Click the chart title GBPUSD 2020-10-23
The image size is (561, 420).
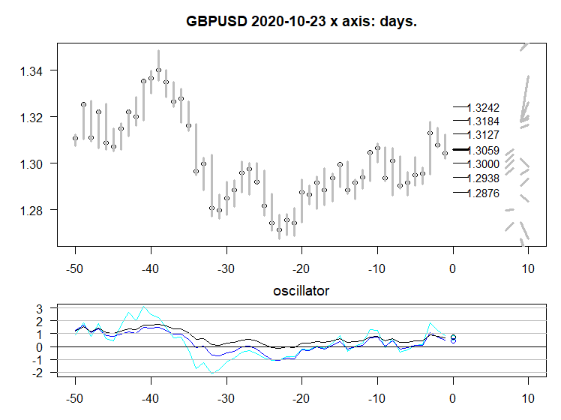[301, 21]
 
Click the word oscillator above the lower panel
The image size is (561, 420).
[302, 289]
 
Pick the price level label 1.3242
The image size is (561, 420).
[483, 108]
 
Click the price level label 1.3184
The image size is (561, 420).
[483, 121]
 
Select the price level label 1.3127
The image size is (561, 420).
[483, 135]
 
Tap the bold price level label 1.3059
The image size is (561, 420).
[483, 151]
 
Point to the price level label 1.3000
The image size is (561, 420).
[483, 164]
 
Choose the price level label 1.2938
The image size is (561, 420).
[483, 178]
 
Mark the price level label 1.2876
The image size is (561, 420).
[483, 193]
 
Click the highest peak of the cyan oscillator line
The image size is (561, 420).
[143, 307]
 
